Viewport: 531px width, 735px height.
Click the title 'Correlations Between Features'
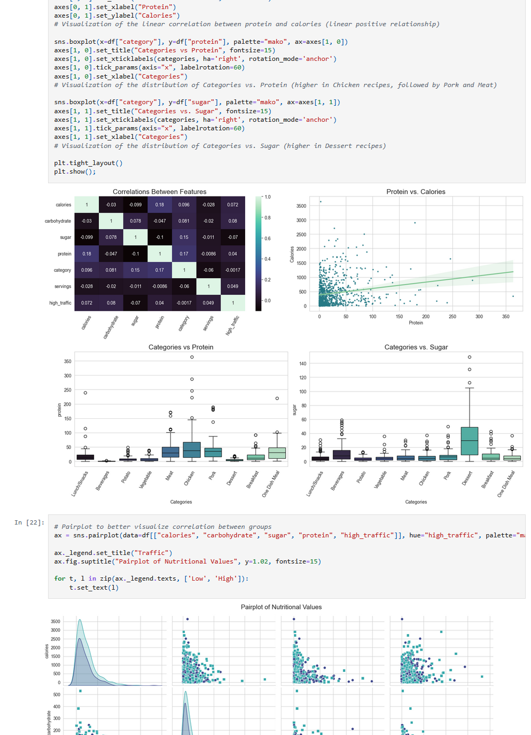coord(159,192)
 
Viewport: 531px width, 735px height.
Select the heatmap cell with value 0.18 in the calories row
coord(160,205)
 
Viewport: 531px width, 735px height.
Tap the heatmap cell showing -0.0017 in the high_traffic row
coord(184,303)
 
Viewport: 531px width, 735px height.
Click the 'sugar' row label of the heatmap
coord(65,237)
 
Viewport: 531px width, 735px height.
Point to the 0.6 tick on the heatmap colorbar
coord(268,238)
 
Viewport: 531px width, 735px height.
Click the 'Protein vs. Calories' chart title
coord(416,192)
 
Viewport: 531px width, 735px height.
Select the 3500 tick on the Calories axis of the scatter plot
coord(301,206)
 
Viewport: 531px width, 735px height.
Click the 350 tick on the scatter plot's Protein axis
coord(505,317)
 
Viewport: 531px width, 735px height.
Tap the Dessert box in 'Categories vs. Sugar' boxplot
coord(469,441)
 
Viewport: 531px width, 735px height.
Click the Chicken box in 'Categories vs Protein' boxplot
coord(192,450)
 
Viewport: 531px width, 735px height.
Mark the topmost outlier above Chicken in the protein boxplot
coord(192,357)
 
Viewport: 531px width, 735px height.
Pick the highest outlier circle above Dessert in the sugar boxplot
coord(470,357)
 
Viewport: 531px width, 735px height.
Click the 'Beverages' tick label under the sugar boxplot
coord(338,480)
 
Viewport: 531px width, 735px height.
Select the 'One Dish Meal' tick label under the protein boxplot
coord(271,483)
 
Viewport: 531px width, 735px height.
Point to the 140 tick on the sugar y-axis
coord(303,364)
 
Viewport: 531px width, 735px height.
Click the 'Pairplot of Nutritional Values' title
coord(281,607)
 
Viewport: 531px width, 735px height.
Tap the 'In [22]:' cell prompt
coord(29,522)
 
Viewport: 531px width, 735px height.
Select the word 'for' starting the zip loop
coord(59,578)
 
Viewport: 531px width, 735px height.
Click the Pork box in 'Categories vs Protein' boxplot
coord(213,452)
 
